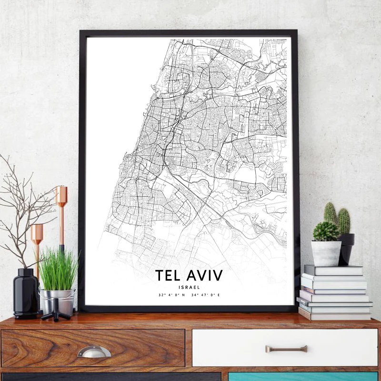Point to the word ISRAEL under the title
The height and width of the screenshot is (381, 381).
(x=190, y=287)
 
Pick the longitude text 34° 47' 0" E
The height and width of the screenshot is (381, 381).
(x=206, y=295)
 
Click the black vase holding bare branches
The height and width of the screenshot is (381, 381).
(x=25, y=292)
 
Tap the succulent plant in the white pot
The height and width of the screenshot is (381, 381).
(x=326, y=231)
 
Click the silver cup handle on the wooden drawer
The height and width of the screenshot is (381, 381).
(x=94, y=352)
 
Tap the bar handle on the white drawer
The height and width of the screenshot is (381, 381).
(x=286, y=349)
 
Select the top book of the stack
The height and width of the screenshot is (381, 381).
(x=333, y=271)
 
